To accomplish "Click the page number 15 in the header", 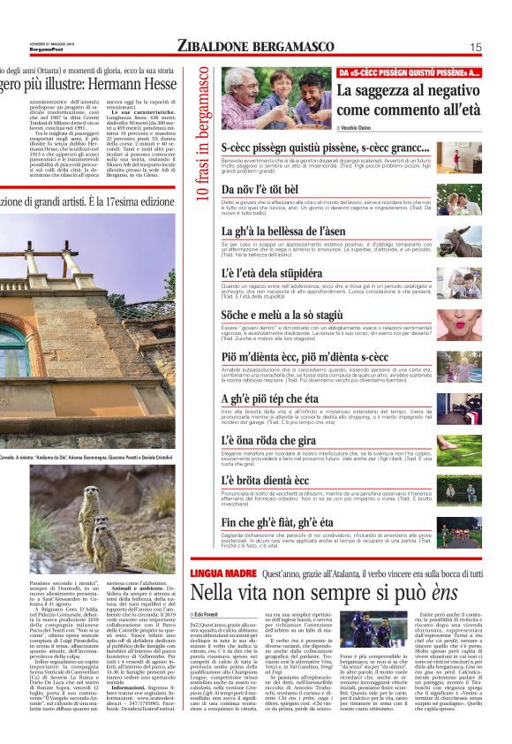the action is coord(476,48).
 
